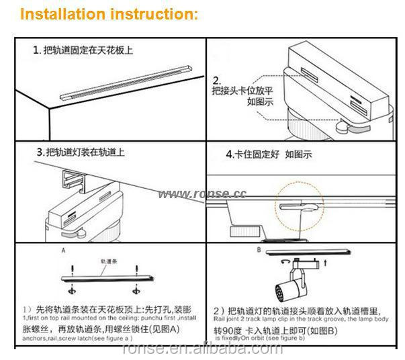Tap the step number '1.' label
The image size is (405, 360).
pyautogui.click(x=37, y=50)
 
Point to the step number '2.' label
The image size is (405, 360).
pyautogui.click(x=218, y=78)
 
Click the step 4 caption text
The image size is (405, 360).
pyautogui.click(x=269, y=154)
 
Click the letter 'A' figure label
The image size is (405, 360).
pyautogui.click(x=63, y=249)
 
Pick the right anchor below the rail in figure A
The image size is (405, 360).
pyautogui.click(x=140, y=290)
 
